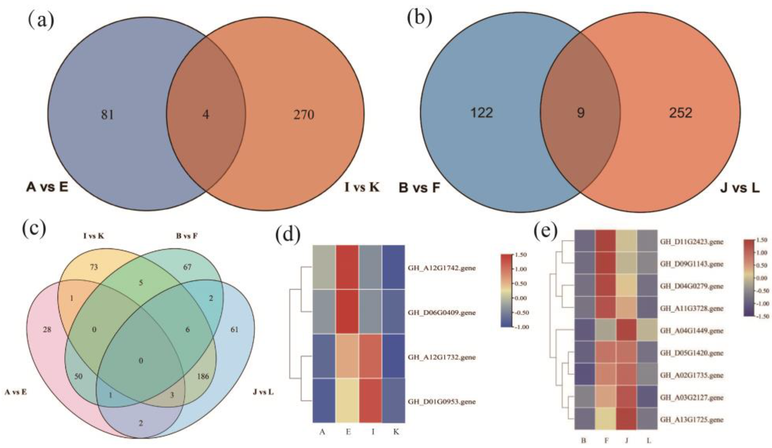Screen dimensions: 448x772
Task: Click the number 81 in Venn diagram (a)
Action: tap(108, 115)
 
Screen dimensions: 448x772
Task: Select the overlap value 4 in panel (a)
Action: tap(206, 115)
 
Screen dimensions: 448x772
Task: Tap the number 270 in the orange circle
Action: tap(304, 115)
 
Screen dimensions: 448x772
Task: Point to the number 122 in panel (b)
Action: tap(482, 113)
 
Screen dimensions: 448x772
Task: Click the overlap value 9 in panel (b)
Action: tap(580, 113)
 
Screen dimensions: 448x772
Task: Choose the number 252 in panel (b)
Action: tap(680, 113)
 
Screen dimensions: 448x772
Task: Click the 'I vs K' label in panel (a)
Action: tap(362, 187)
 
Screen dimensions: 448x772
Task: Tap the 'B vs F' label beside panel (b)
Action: tap(419, 188)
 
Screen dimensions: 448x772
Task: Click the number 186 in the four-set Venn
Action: tap(203, 376)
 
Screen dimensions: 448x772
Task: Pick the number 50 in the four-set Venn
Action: tap(78, 376)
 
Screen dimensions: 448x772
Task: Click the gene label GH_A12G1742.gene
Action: tap(441, 268)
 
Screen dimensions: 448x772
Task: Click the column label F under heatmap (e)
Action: tap(606, 441)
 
